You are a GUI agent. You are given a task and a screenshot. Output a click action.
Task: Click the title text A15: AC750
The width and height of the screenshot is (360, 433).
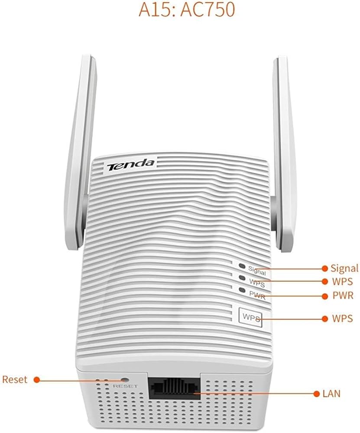point(187,10)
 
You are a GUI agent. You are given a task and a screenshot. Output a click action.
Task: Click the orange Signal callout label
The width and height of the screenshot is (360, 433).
point(344,268)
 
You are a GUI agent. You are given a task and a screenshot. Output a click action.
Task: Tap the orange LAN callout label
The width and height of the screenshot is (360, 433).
point(331,394)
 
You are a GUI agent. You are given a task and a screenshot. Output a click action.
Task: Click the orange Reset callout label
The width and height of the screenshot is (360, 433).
point(15,380)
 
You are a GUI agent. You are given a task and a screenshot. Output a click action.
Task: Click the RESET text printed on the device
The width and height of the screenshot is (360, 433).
point(125,386)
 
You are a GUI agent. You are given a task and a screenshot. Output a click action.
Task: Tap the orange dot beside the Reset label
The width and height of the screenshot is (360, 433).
point(37,380)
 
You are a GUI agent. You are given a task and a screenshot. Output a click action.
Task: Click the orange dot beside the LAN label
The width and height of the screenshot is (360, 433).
point(315,394)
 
